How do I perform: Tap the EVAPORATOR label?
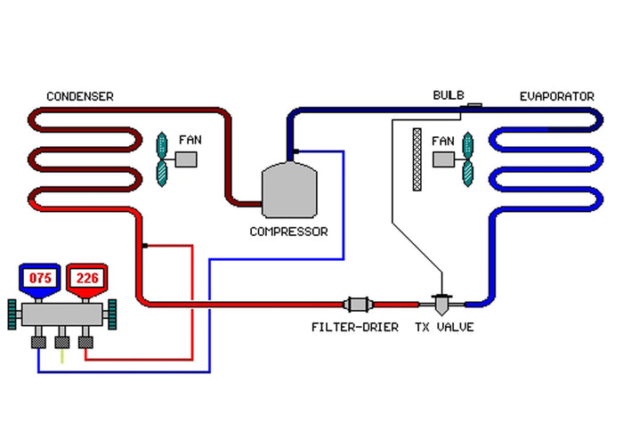(x=556, y=96)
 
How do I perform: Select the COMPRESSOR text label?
(x=288, y=232)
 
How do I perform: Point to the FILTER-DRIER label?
(x=354, y=327)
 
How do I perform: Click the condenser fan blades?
(x=163, y=159)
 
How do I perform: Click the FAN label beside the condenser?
(x=190, y=140)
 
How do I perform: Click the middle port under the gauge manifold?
(x=62, y=341)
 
